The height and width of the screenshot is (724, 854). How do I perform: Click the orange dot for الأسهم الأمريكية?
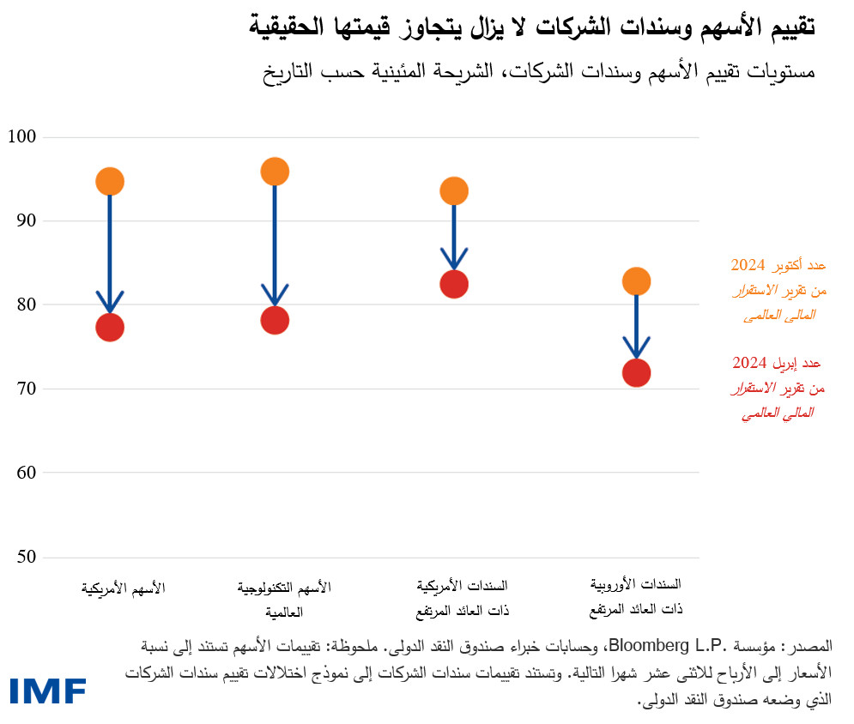[110, 181]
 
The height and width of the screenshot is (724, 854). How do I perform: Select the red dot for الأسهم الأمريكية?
[110, 327]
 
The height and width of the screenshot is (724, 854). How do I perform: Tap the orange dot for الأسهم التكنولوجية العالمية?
[275, 172]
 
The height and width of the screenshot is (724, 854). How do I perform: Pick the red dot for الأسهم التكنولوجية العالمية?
[275, 320]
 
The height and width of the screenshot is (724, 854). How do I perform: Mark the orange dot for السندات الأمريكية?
[454, 190]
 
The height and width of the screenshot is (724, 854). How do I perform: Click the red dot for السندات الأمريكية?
[454, 284]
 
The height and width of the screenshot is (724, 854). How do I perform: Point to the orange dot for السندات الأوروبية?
[636, 281]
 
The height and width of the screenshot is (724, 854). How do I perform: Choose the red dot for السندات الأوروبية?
[636, 372]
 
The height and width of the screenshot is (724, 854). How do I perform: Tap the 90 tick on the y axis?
[27, 221]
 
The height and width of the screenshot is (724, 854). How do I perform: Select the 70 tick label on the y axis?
[27, 389]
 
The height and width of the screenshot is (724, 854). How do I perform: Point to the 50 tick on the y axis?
[27, 557]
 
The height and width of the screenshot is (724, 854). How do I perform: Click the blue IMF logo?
[49, 691]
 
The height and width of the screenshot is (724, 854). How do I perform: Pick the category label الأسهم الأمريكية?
[124, 588]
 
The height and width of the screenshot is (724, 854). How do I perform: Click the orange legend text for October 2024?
[778, 290]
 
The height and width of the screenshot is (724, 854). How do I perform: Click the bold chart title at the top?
[532, 27]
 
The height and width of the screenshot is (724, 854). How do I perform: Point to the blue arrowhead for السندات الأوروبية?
[636, 347]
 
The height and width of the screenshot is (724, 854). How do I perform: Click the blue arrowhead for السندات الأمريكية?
[454, 258]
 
